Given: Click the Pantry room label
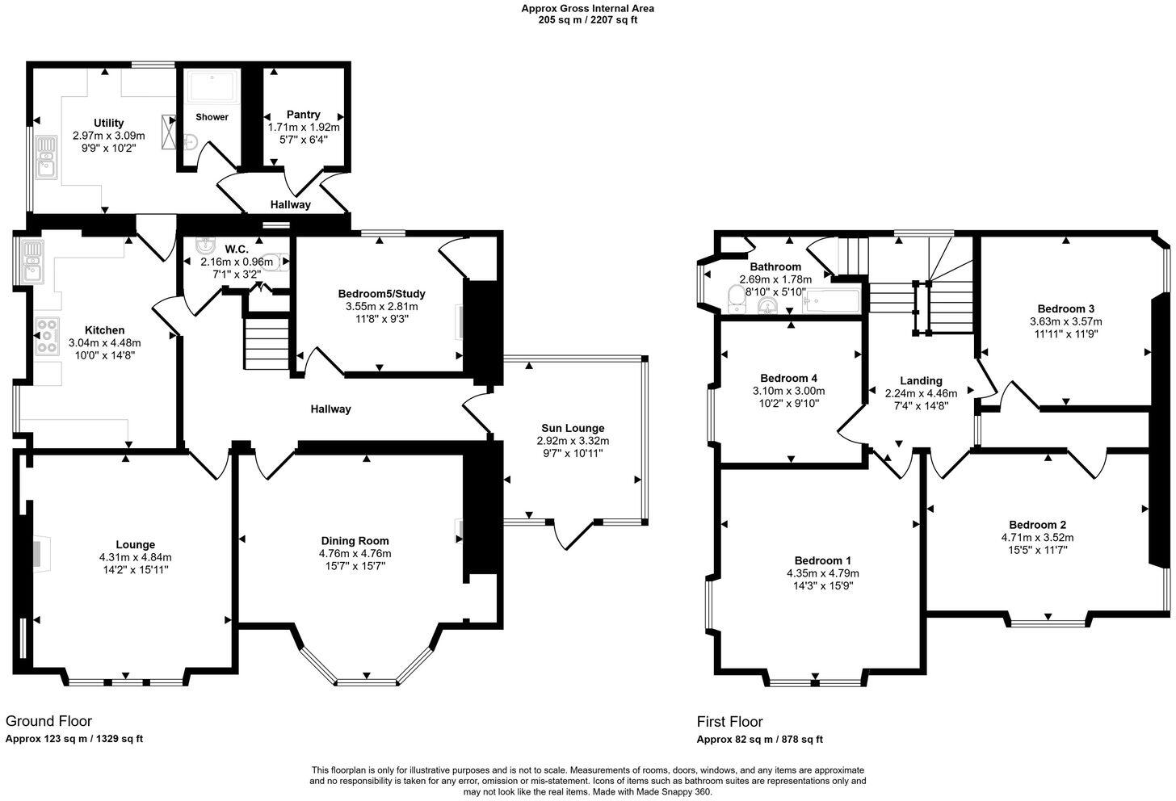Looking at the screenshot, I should click(303, 115).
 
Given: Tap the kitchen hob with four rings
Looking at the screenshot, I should click(48, 336).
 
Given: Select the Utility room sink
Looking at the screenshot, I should click(45, 157).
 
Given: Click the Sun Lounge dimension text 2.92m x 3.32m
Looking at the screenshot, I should click(573, 441).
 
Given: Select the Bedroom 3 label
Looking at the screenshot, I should click(1065, 308).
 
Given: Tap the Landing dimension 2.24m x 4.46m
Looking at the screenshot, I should click(921, 394).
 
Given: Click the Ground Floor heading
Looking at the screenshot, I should click(48, 721).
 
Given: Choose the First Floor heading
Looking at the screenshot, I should click(729, 722).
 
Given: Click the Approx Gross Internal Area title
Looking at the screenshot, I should click(587, 9).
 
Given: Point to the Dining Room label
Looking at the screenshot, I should click(355, 541).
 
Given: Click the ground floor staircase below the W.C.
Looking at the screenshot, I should click(267, 342).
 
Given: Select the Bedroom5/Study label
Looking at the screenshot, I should click(381, 293).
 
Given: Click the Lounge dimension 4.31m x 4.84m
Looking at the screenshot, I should click(135, 557).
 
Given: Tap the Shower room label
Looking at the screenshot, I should click(212, 117).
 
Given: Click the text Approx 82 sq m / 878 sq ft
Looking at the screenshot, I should click(759, 740).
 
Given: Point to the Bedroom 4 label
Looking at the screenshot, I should click(789, 378).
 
